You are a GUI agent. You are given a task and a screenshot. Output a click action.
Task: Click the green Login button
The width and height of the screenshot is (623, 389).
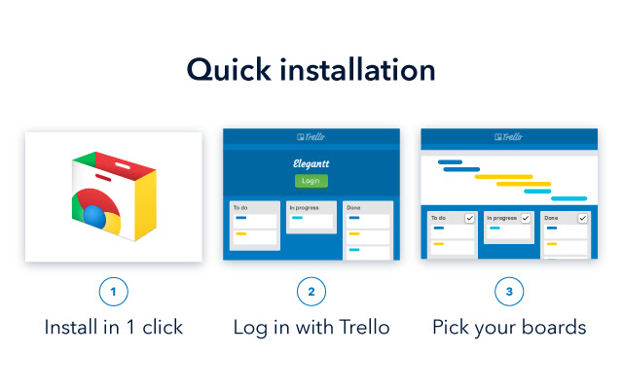click(x=311, y=181)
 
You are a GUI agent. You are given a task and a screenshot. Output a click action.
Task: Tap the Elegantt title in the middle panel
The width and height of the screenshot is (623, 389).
click(x=311, y=164)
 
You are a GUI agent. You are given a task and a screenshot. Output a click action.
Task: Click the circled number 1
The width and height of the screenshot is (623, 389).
click(x=114, y=291)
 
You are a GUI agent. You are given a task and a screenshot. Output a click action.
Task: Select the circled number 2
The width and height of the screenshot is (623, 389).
click(x=311, y=291)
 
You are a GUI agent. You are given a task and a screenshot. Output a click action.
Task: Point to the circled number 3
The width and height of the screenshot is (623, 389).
click(x=509, y=291)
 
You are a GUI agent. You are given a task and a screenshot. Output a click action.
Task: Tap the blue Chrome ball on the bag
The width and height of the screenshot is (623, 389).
click(x=94, y=214)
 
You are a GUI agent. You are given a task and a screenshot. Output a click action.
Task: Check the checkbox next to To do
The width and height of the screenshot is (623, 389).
click(x=469, y=218)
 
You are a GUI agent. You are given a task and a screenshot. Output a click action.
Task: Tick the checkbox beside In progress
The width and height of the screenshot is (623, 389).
click(x=526, y=218)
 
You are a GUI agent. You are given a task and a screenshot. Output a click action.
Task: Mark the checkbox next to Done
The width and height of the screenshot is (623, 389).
click(x=582, y=218)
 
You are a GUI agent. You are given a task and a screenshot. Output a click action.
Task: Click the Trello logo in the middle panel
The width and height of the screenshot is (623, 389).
click(x=311, y=137)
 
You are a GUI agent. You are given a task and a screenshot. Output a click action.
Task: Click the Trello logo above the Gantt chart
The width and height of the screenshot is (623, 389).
click(x=509, y=137)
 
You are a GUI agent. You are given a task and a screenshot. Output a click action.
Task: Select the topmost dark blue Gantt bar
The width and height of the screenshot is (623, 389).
click(x=451, y=162)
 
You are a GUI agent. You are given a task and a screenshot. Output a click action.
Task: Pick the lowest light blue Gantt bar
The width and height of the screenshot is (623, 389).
click(x=568, y=197)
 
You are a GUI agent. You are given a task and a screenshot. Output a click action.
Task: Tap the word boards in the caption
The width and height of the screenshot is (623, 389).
click(x=556, y=328)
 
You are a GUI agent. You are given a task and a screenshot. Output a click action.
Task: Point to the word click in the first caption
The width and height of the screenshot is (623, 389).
click(x=163, y=328)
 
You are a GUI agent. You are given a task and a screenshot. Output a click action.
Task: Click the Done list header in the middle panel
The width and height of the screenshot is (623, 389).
click(x=354, y=207)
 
